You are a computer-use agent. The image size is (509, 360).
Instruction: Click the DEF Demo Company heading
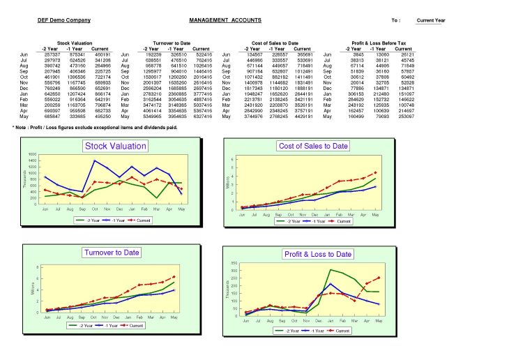[64, 20]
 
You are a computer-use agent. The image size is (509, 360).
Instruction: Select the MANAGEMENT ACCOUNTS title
[225, 20]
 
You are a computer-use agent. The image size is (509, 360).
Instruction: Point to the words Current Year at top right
[430, 21]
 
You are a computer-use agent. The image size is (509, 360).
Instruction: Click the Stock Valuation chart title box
[115, 146]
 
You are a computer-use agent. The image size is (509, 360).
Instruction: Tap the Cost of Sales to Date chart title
[313, 146]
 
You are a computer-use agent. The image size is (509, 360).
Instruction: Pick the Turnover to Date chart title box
[112, 253]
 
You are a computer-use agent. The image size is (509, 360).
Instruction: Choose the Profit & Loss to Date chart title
[317, 254]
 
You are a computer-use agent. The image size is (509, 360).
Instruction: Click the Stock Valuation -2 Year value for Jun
[52, 54]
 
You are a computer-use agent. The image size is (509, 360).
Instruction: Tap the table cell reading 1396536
[77, 77]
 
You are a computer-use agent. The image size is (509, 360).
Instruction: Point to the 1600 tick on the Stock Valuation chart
[33, 154]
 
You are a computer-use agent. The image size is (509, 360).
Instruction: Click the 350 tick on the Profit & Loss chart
[233, 262]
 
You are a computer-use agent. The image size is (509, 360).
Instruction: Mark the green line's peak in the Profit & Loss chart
[331, 269]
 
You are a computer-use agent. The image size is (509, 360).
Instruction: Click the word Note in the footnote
[26, 128]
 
